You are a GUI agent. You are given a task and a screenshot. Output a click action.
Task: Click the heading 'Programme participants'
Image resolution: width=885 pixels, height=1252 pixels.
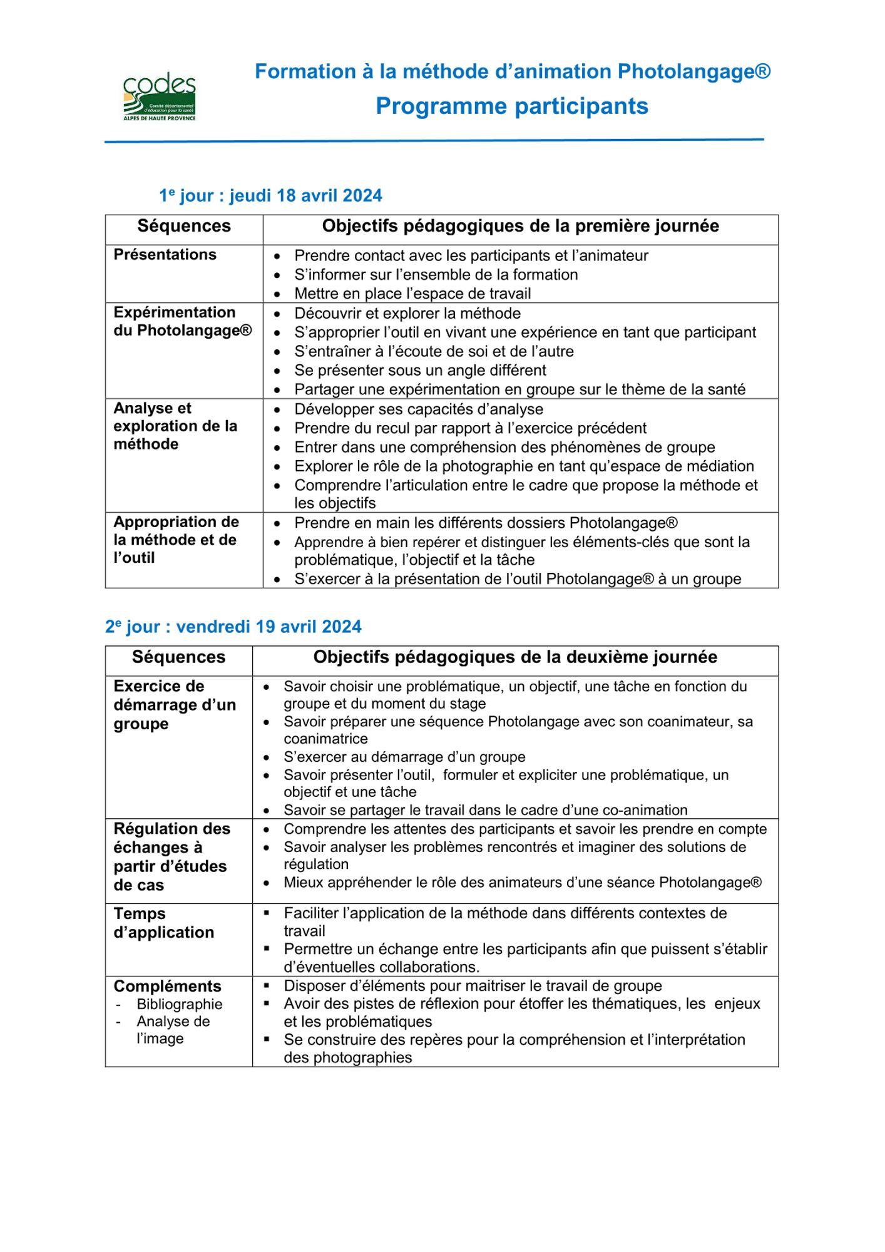coord(511,106)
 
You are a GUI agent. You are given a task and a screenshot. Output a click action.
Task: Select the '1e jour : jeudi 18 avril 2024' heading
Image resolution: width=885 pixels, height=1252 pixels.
coord(270,195)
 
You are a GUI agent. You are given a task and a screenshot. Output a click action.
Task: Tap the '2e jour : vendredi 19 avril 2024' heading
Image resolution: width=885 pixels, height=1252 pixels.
coord(233,627)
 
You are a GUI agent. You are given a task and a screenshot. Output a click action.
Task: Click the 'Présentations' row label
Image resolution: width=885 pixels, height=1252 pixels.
coord(165,255)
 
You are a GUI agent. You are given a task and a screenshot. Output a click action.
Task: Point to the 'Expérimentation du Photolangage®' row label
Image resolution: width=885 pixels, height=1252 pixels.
coord(182,321)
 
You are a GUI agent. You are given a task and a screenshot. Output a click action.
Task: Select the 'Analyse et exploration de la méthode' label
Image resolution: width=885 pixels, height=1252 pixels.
coord(175,426)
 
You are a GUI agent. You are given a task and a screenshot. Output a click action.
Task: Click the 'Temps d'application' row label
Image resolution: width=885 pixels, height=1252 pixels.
coord(163,923)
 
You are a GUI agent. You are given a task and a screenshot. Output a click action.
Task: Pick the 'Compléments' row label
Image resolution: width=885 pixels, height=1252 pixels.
coord(167,986)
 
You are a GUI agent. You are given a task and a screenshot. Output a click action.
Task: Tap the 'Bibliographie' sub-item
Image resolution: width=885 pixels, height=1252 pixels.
coord(180,1004)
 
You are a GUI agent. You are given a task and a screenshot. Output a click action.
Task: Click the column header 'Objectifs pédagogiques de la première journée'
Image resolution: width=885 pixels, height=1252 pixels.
coord(520,226)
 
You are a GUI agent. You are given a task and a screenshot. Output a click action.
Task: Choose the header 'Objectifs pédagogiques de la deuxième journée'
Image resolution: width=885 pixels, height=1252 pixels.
coord(515,657)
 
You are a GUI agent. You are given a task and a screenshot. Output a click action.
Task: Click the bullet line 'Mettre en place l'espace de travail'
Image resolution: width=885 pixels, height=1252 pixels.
coord(412,294)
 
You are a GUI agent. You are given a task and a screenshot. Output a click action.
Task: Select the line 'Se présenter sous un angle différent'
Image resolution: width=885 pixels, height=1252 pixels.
coord(420,370)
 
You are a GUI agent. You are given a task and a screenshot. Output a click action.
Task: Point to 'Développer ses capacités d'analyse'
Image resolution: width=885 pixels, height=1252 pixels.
coord(419,409)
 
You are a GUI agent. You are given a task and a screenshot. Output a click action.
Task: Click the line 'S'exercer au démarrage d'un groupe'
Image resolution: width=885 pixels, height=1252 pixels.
coord(404,757)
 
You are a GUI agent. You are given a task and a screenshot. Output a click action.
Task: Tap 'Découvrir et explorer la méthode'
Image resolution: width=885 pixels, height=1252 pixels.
coord(407,313)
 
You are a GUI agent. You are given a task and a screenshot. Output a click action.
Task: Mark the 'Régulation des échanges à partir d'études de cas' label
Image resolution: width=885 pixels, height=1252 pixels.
coord(171,856)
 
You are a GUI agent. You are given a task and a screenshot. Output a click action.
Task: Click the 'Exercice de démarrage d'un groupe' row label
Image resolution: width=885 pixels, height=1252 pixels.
coord(175,705)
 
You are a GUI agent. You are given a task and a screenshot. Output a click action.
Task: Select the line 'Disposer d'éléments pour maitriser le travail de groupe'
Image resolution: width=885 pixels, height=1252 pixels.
coord(473,986)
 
